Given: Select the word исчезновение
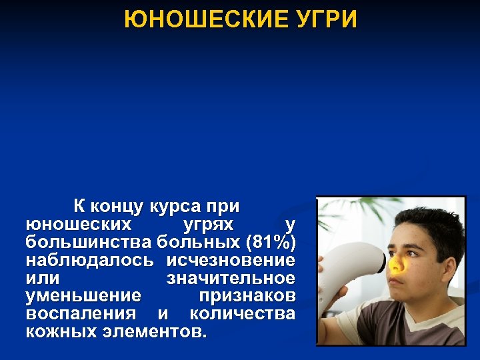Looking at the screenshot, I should [x=231, y=259].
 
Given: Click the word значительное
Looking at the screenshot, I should [x=230, y=277].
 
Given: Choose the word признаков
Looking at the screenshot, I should [x=247, y=295].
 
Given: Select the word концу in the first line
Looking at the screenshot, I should [x=119, y=205].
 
